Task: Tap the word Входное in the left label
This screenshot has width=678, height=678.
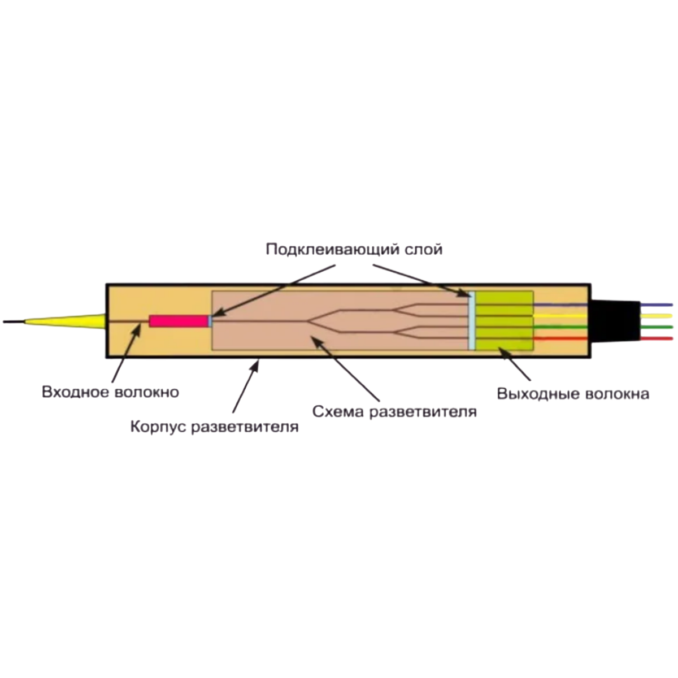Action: [75, 392]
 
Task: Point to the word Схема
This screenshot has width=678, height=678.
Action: [338, 411]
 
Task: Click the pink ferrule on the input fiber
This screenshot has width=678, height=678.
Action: [178, 321]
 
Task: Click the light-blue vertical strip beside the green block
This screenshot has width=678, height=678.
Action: [472, 320]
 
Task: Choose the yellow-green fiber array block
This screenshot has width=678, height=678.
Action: [505, 320]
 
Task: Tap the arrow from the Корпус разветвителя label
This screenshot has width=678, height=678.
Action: [246, 390]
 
